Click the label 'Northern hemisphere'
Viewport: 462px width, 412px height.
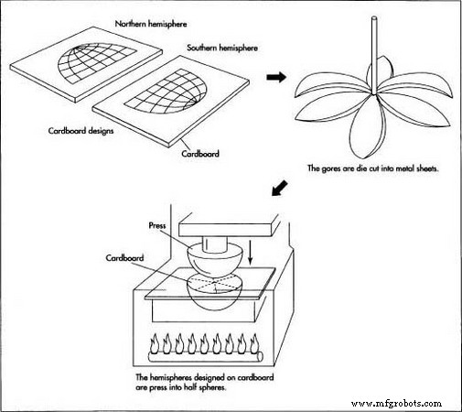point(151,24)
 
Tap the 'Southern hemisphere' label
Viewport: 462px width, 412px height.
point(222,48)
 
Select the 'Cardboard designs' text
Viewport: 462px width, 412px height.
point(81,131)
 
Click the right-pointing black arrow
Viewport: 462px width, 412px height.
point(276,77)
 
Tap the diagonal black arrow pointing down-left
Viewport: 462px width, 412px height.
point(279,188)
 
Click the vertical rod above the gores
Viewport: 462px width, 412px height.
point(374,56)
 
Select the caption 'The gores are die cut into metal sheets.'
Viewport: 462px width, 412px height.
point(372,168)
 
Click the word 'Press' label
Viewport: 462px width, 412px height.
point(157,225)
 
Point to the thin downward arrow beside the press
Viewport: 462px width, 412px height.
point(251,252)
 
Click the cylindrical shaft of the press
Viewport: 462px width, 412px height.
point(215,244)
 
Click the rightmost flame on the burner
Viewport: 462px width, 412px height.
point(253,343)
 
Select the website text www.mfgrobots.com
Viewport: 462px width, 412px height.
point(397,404)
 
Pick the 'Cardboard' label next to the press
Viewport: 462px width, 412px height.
point(124,258)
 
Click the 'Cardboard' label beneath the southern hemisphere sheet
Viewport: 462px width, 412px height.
point(200,154)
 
